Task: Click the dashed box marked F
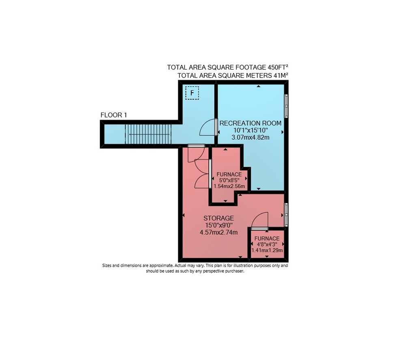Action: pos(192,93)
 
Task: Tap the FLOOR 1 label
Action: pos(114,115)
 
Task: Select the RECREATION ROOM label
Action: pos(251,123)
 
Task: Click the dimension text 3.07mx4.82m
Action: pos(251,137)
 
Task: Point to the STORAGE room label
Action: pos(218,218)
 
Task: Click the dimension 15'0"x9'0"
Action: pos(218,226)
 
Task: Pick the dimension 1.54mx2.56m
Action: pos(229,186)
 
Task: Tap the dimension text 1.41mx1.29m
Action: pos(267,250)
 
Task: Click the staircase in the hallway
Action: pos(148,134)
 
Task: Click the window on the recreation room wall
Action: pos(286,106)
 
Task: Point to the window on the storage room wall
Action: pos(286,215)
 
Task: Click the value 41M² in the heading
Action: pos(281,76)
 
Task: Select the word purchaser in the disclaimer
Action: pos(235,271)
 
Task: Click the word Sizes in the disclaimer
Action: pos(107,265)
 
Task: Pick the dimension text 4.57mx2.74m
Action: pos(218,232)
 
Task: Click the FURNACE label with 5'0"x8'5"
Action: pos(229,174)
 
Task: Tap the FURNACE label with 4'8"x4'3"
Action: pos(267,239)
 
